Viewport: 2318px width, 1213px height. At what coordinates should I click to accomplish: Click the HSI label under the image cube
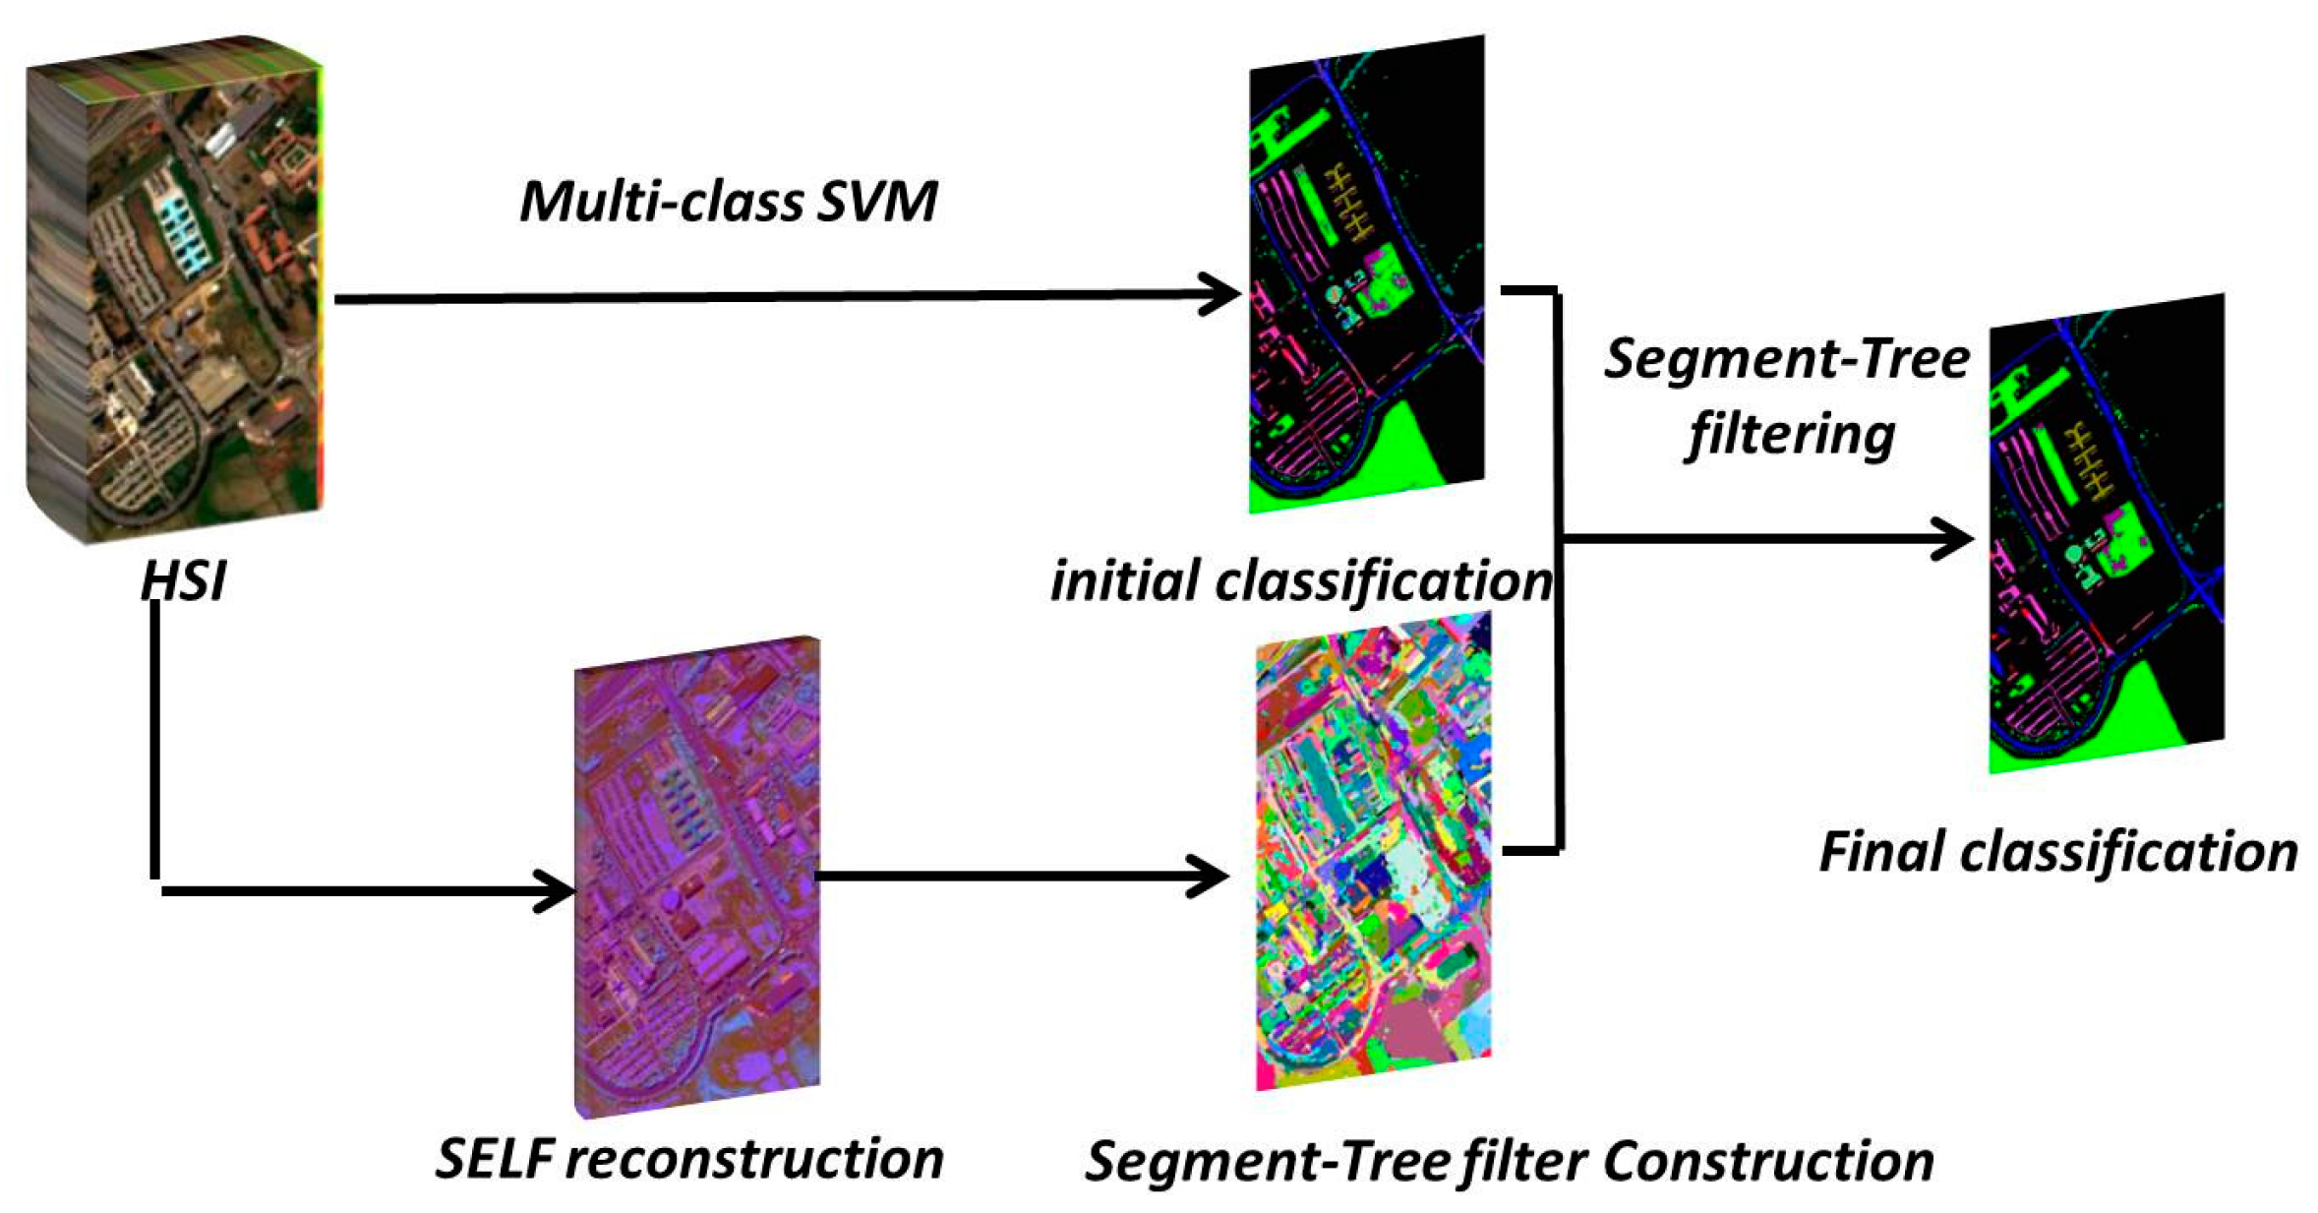coord(183,579)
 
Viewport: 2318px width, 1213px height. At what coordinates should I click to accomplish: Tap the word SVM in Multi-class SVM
coord(877,202)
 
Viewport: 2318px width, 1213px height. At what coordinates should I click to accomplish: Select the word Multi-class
coord(661,202)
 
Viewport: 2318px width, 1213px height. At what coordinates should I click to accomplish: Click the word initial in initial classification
coord(1125,580)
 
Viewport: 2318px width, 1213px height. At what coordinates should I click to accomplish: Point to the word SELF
coord(495,1158)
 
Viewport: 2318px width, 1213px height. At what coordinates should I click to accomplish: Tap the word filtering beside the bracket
coord(1790,434)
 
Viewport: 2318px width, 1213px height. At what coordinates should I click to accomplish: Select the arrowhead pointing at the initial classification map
coord(1224,294)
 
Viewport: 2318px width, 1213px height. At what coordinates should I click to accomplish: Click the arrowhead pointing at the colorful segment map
coord(1212,876)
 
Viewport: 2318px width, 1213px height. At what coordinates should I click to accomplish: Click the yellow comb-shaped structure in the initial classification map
coord(1350,202)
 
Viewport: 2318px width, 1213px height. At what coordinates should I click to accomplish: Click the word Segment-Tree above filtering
coord(1786,358)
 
